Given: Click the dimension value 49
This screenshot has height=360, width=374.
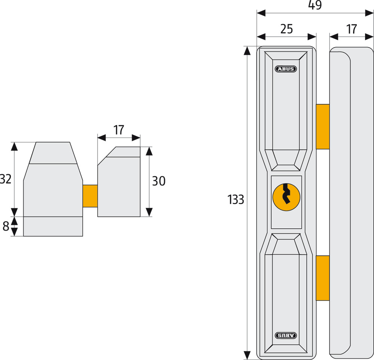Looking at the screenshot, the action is click(315, 5).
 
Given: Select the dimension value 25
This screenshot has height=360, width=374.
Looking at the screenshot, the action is click(286, 29).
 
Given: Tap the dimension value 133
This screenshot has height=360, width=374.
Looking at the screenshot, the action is click(236, 200).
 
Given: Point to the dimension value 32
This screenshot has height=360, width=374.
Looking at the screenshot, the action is click(6, 179).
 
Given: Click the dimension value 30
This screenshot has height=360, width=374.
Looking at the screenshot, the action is click(159, 181).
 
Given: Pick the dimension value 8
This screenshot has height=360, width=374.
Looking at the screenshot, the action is click(6, 226).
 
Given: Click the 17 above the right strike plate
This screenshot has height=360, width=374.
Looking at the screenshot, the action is click(351, 29).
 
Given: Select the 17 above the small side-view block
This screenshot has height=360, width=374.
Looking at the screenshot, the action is click(119, 130).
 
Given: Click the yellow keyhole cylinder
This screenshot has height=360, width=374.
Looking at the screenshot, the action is click(286, 197).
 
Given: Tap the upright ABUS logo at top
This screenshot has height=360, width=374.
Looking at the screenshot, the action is click(286, 69).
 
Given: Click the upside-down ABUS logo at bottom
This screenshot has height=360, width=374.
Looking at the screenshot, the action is click(286, 335).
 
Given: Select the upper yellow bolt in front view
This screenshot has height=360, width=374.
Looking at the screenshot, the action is click(323, 127).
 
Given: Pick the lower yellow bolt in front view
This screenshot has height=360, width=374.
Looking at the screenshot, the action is click(323, 278).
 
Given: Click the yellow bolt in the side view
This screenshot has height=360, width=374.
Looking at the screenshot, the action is click(90, 196).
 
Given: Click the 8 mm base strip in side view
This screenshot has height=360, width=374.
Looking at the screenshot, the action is click(53, 227).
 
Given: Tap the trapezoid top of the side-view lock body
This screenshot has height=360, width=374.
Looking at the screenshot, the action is click(53, 153).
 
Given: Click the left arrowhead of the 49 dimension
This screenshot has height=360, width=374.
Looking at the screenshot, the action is click(261, 13).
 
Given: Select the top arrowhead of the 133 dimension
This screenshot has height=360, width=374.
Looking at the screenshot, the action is click(247, 50).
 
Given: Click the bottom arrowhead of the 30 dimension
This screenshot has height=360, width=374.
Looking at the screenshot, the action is click(149, 212).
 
